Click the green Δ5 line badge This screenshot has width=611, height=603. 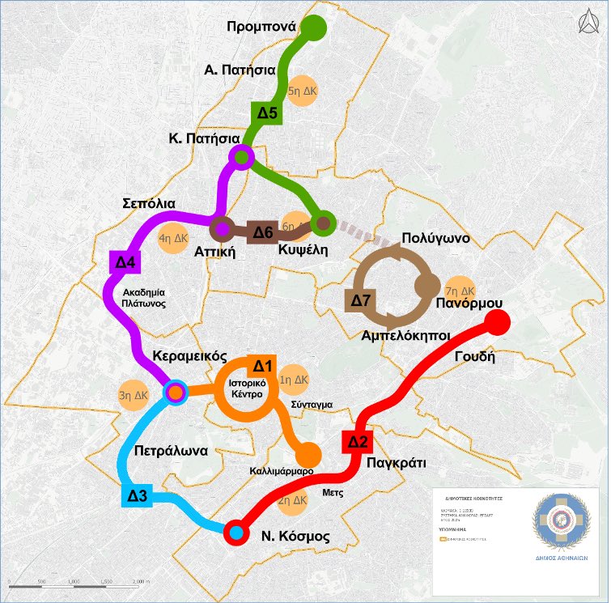[267, 114]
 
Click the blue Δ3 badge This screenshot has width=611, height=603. [138, 495]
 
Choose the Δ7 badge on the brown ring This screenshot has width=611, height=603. [361, 300]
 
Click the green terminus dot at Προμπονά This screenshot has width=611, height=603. [314, 28]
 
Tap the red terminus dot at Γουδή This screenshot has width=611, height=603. [497, 323]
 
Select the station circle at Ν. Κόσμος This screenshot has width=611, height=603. [235, 532]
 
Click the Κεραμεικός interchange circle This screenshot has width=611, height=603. [176, 393]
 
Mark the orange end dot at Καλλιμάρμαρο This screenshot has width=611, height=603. [308, 456]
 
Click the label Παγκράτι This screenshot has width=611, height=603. [395, 463]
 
